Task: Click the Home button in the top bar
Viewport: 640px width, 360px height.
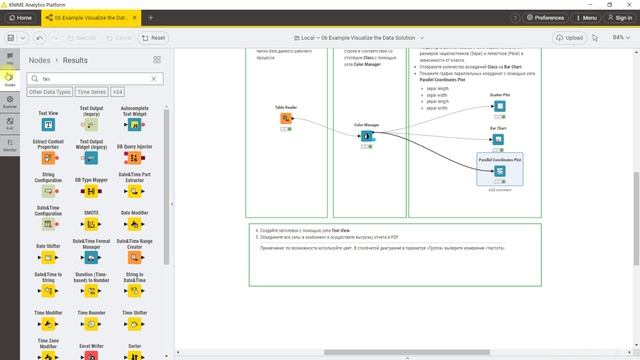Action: [x=19, y=17]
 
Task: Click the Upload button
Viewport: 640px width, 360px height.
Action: [x=570, y=38]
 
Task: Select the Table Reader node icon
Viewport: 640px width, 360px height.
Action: [x=286, y=119]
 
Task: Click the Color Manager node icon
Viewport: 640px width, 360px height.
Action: [x=367, y=137]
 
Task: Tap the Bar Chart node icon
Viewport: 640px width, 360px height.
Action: [x=499, y=140]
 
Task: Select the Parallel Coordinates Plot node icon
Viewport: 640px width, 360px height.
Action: [x=499, y=171]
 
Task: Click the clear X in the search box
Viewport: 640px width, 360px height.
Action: [x=154, y=78]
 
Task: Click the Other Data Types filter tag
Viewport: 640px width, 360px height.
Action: [x=49, y=92]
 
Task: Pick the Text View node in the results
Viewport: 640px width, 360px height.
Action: [x=47, y=126]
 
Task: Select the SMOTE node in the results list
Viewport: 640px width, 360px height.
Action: [x=91, y=227]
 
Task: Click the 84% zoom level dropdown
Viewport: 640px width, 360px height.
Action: [x=621, y=38]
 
